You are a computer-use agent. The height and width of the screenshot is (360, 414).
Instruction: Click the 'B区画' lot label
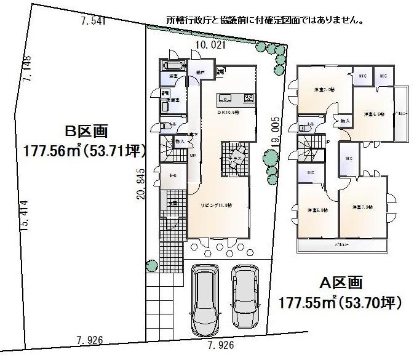[x=87, y=131]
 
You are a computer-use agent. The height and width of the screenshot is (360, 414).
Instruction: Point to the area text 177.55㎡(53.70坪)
[x=340, y=303]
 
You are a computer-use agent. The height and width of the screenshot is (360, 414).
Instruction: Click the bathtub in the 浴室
[x=173, y=66]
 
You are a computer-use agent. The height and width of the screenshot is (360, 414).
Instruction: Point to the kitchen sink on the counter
[x=224, y=98]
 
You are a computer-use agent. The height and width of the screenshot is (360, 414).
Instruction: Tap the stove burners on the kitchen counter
[x=249, y=98]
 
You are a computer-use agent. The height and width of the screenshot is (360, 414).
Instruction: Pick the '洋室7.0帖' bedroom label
[x=324, y=90]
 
